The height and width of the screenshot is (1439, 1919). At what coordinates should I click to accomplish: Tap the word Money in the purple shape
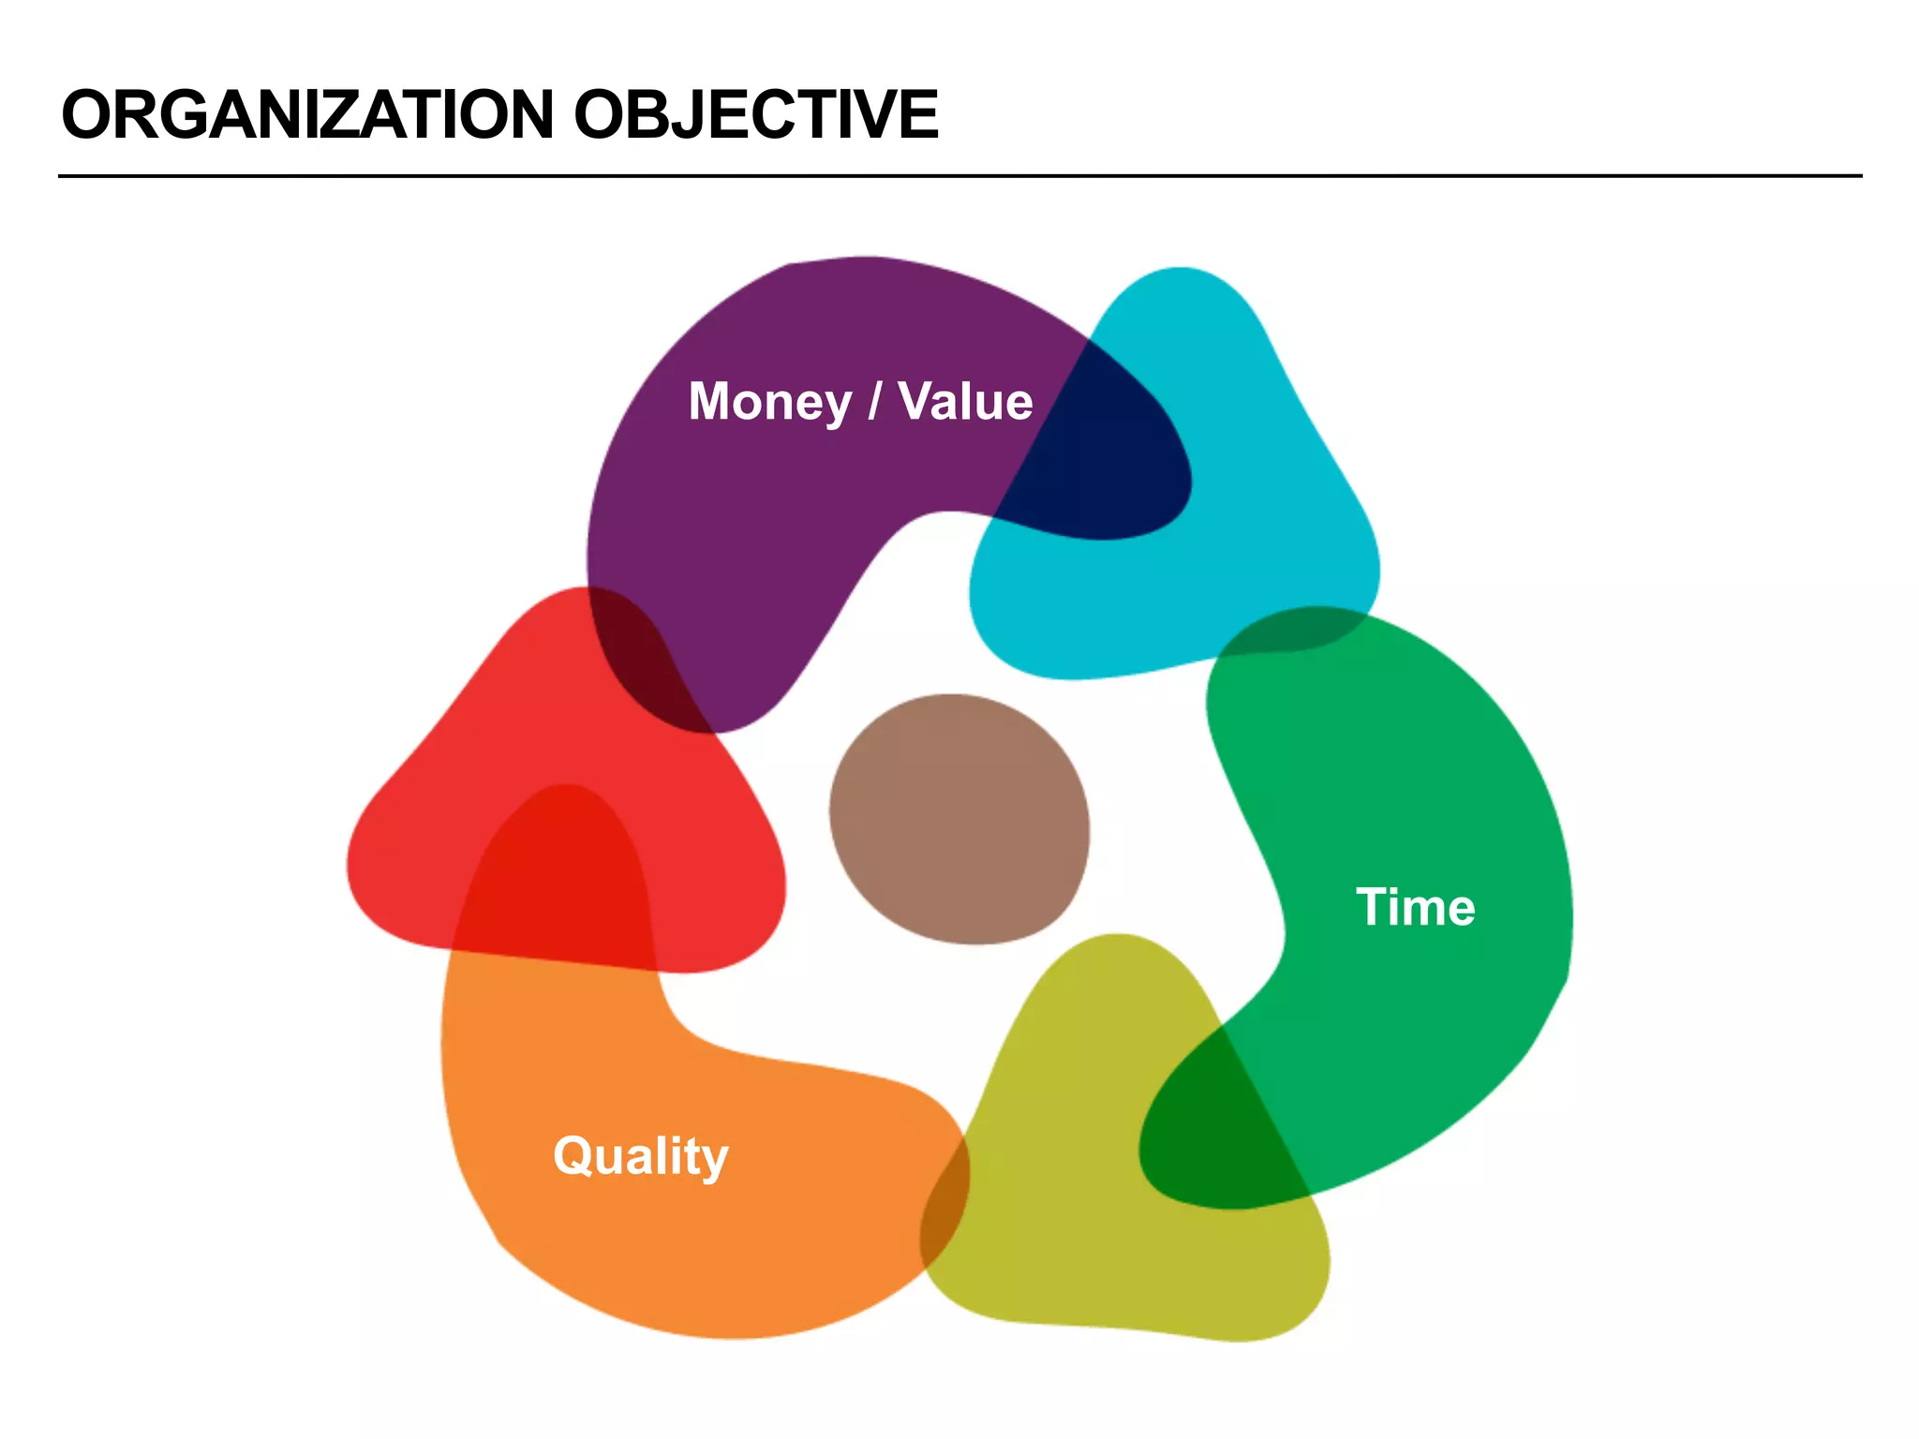click(x=769, y=402)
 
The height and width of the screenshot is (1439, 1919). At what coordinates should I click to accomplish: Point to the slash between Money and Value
click(x=875, y=402)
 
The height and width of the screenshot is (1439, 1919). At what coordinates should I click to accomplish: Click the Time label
click(x=1415, y=907)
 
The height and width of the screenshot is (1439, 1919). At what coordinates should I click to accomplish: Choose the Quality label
click(x=641, y=1156)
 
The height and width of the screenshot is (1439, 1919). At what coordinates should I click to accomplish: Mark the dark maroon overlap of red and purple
click(x=647, y=665)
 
